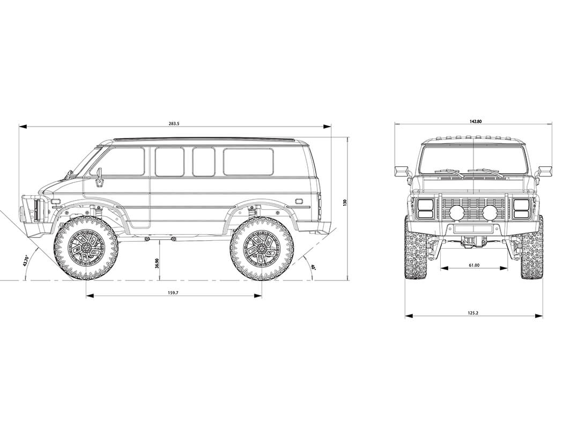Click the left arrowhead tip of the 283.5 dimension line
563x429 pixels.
pos(19,127)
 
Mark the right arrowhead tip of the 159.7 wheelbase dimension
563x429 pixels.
pos(262,296)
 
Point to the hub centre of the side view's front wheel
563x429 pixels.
pos(86,248)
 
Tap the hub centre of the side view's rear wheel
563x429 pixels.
pos(262,248)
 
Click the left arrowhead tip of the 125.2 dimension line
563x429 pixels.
pos(405,316)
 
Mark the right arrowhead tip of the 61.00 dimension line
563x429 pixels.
pos(508,268)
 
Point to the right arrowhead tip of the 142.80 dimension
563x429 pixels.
pos(552,124)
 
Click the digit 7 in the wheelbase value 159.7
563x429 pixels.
pos(177,293)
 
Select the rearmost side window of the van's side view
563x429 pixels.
pos(248,161)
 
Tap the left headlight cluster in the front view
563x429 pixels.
pos(426,209)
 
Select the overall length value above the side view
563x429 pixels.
pos(174,123)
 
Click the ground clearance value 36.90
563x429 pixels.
pos(157,263)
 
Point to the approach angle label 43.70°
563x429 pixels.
pos(25,260)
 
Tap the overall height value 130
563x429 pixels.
pos(345,202)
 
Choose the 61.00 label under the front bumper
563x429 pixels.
pos(474,265)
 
